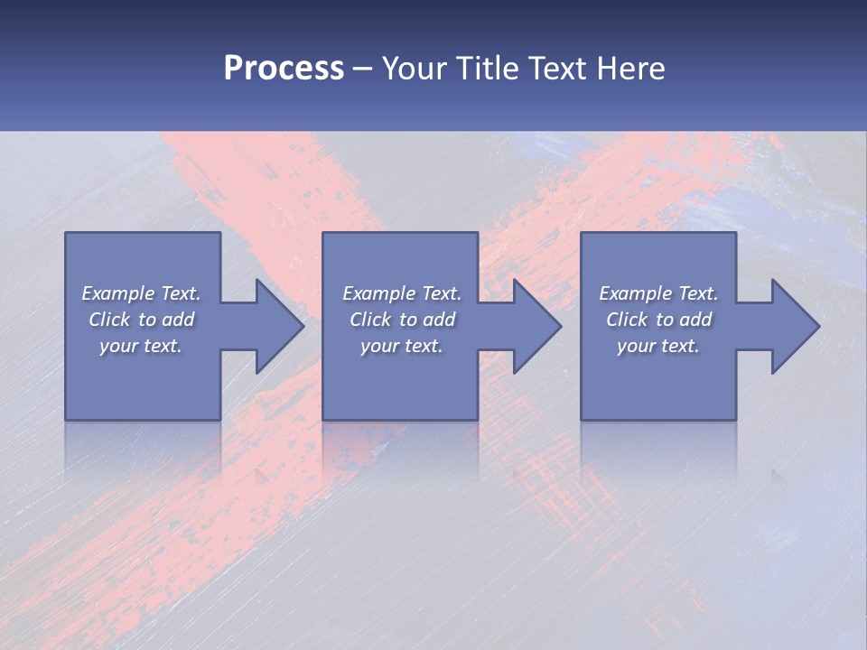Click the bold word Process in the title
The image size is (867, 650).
click(284, 69)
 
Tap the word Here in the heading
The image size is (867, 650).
click(630, 69)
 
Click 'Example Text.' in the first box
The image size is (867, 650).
click(141, 293)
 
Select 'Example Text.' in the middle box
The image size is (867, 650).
click(402, 293)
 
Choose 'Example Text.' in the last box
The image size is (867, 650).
click(658, 293)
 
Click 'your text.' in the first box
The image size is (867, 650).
click(141, 346)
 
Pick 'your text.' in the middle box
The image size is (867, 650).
click(402, 346)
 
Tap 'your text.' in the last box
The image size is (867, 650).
click(658, 346)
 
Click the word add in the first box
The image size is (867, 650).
click(179, 320)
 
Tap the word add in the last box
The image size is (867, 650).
click(696, 320)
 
